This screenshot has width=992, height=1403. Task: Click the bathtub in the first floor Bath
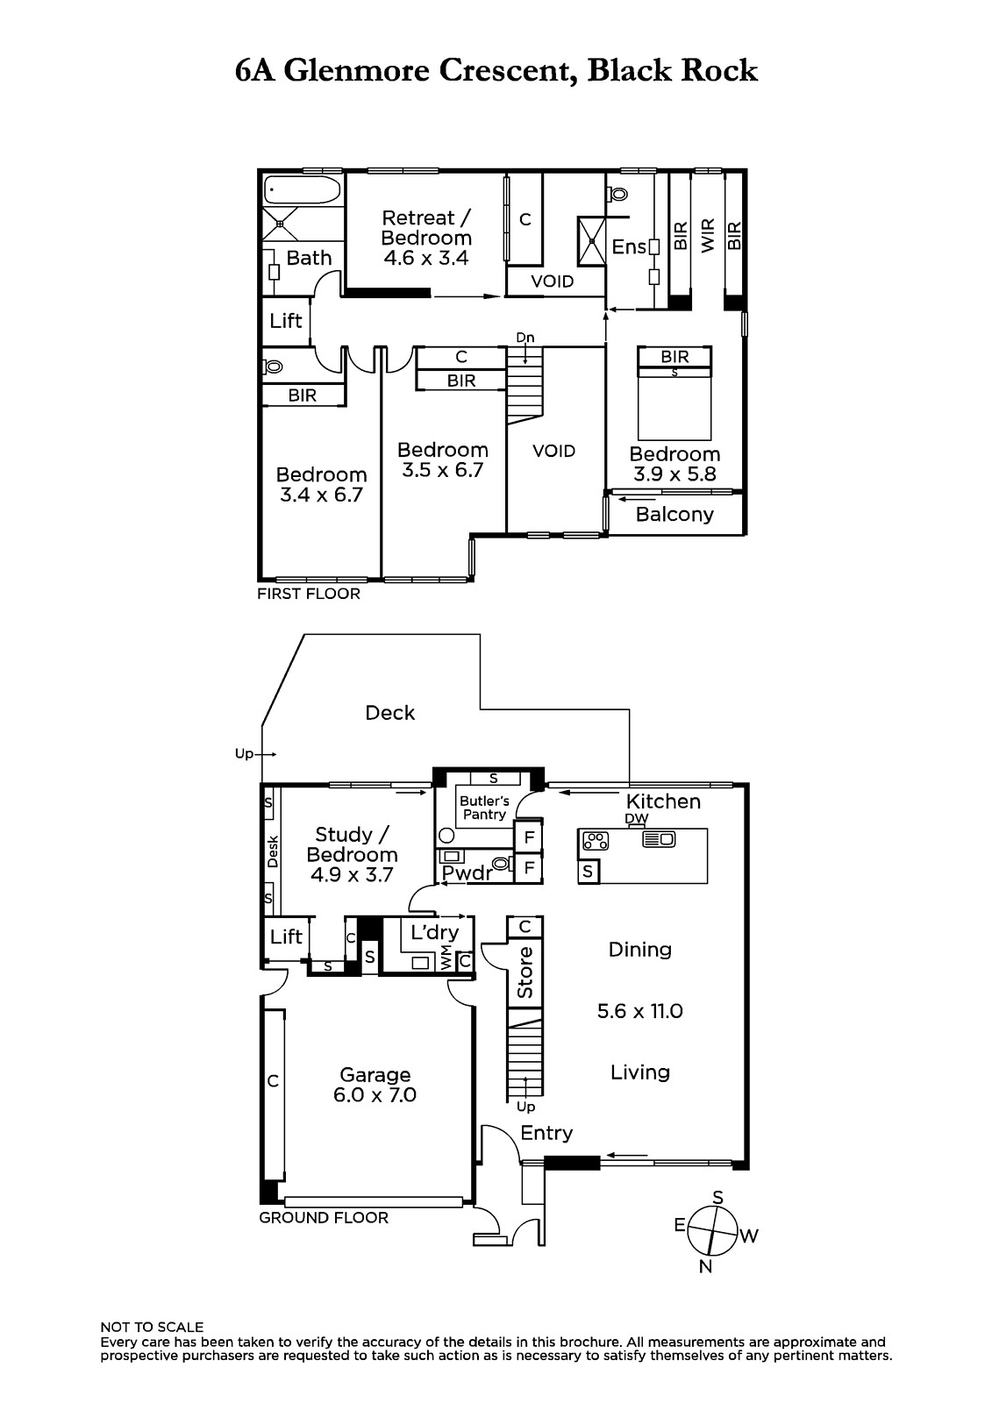pyautogui.click(x=302, y=189)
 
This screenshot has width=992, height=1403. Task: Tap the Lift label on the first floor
pyautogui.click(x=286, y=321)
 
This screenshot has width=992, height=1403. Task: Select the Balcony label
pyautogui.click(x=674, y=514)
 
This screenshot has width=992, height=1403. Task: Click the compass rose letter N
pyautogui.click(x=705, y=1266)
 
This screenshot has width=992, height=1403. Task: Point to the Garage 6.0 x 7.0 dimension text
pyautogui.click(x=375, y=1095)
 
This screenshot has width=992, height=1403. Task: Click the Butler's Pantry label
pyautogui.click(x=484, y=808)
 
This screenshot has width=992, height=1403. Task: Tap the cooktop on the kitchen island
pyautogui.click(x=596, y=840)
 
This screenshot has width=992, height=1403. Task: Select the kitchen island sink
pyautogui.click(x=659, y=838)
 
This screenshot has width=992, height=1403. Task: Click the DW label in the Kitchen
pyautogui.click(x=636, y=819)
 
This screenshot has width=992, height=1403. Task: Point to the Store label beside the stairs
pyautogui.click(x=525, y=972)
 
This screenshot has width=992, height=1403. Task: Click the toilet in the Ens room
pyautogui.click(x=617, y=194)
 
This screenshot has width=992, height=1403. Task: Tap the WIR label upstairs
pyautogui.click(x=708, y=236)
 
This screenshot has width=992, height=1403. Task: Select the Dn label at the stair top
pyautogui.click(x=525, y=338)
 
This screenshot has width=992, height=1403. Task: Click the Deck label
pyautogui.click(x=389, y=713)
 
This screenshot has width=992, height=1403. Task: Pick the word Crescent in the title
pyautogui.click(x=508, y=71)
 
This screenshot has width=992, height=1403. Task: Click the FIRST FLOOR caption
pyautogui.click(x=309, y=594)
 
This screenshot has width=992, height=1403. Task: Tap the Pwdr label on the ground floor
pyautogui.click(x=467, y=873)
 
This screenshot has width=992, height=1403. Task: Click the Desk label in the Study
pyautogui.click(x=272, y=851)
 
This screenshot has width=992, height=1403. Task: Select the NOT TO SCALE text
pyautogui.click(x=152, y=1328)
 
